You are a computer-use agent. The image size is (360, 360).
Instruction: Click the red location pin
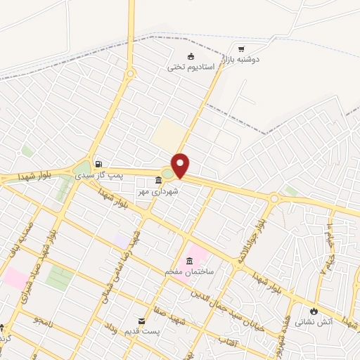point(181,165)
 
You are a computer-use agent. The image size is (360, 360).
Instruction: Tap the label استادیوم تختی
point(191,67)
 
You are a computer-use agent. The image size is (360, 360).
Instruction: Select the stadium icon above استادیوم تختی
point(191,56)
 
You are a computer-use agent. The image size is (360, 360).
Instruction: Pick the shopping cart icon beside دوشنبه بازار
point(241,49)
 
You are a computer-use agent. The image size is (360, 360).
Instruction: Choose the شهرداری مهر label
point(160,191)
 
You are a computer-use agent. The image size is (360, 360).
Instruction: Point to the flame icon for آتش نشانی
point(314,311)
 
